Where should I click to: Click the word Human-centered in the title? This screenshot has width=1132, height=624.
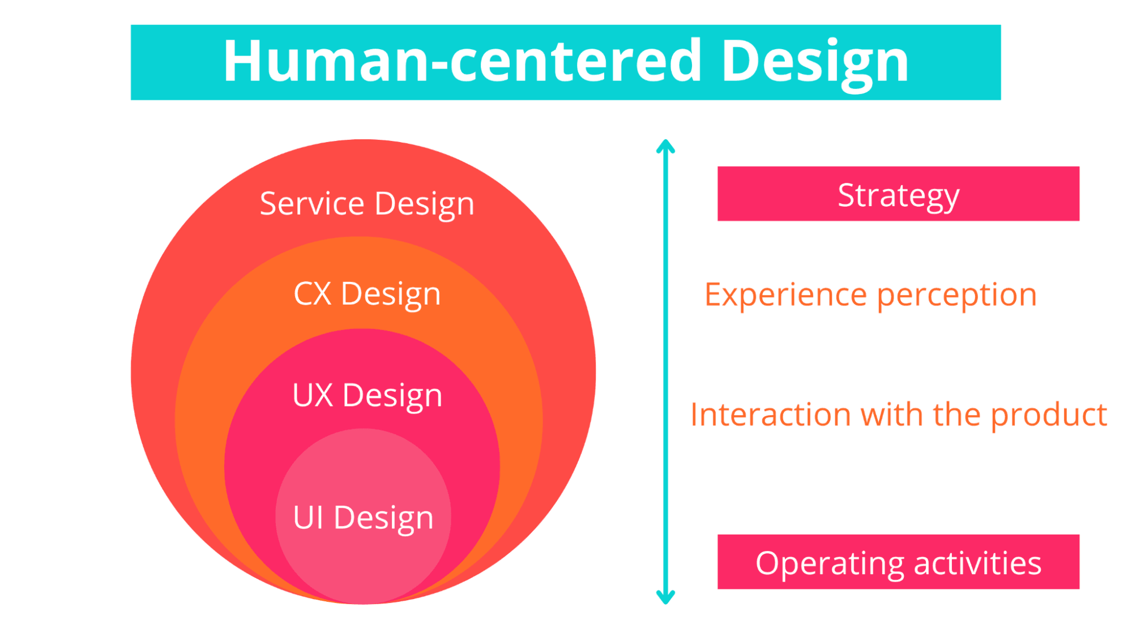coord(462,61)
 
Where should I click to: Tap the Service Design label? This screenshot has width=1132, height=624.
coord(367,204)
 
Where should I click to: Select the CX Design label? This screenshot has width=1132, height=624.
coord(367,294)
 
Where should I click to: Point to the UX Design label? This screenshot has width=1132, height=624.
coord(367,395)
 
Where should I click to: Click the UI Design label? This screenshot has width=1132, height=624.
coord(363,518)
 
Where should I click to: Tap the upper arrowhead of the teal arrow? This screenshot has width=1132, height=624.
coord(665,146)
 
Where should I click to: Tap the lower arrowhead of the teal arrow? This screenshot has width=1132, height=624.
coord(665,597)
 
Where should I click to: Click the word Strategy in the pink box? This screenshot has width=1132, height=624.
coord(898,195)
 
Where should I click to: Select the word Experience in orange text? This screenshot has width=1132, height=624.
coord(785,295)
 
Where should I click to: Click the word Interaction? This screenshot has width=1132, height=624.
coord(771,415)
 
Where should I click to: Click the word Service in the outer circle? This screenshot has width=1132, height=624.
coord(311,204)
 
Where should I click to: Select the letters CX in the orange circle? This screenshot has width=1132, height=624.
coord(312,294)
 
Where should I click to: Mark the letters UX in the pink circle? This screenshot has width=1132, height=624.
coord(312,395)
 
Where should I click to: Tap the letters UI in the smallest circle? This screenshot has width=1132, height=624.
coord(308,518)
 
